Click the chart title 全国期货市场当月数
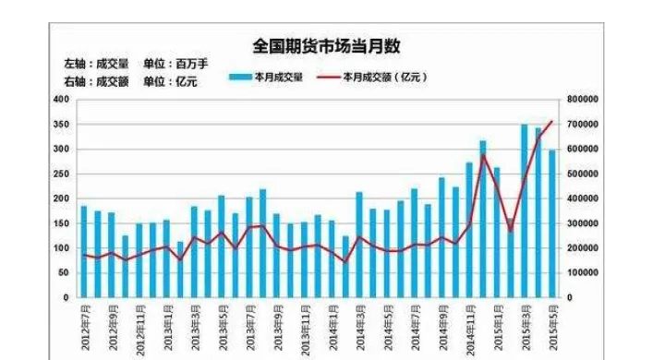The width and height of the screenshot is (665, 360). [326, 46]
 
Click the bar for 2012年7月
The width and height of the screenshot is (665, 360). [84, 251]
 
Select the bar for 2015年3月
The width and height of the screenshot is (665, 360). [525, 210]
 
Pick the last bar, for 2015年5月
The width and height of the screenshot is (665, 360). [552, 223]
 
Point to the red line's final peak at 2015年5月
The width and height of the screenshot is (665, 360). [552, 121]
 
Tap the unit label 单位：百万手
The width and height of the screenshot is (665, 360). [175, 64]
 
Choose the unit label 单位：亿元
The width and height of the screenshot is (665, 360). [170, 80]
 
